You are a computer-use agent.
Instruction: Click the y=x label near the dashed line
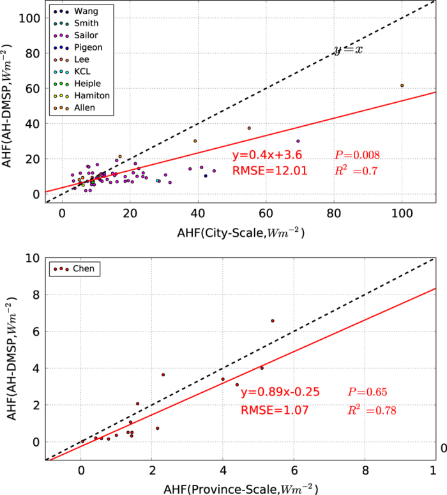point(348,50)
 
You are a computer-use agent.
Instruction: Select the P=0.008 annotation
point(357,155)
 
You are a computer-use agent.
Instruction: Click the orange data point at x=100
point(402,86)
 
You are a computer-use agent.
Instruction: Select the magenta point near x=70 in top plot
point(298,141)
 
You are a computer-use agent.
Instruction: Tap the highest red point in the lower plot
point(273,321)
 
